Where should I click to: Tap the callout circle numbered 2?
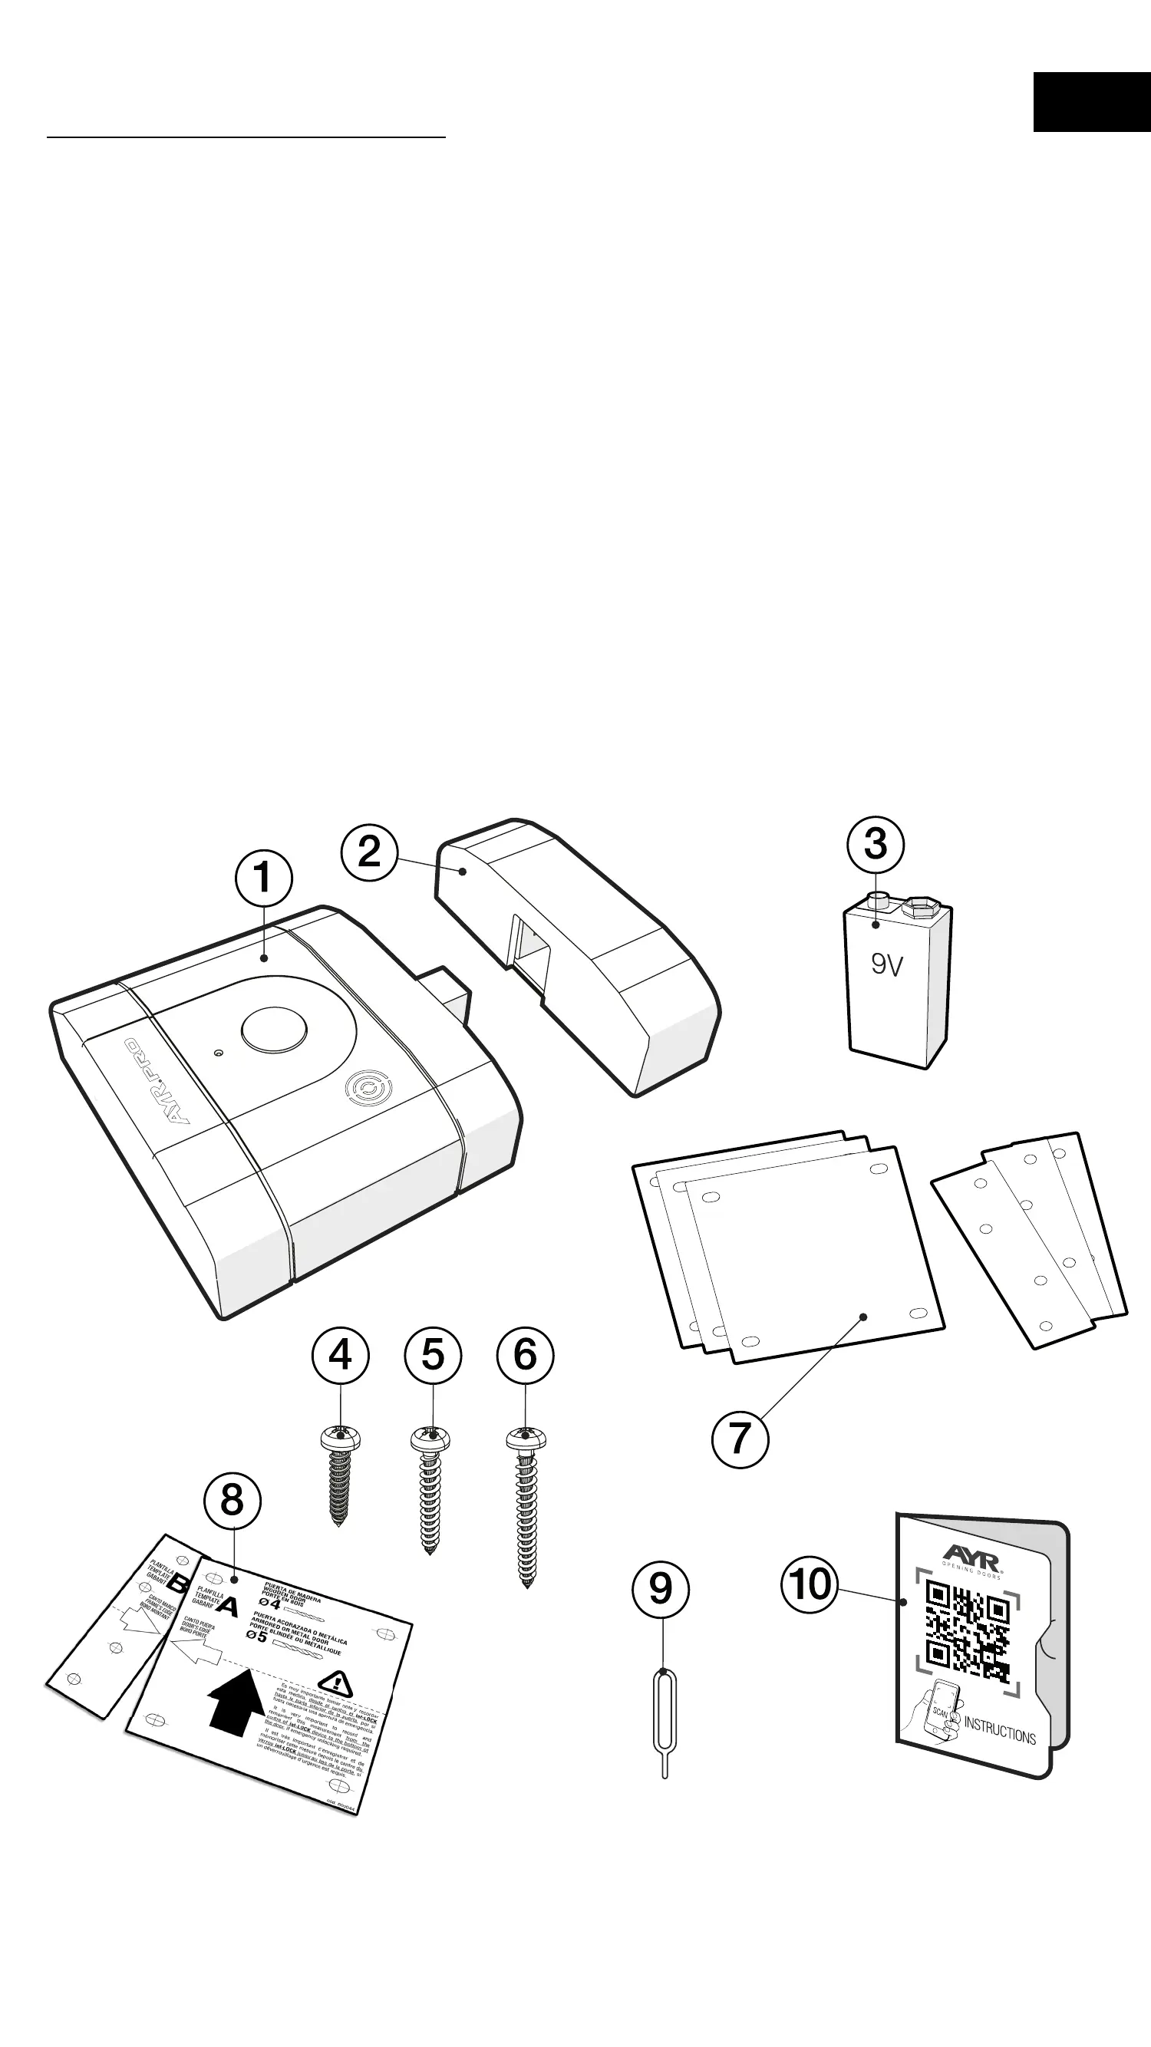(370, 852)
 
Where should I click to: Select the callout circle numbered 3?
(876, 844)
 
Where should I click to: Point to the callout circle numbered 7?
(740, 1439)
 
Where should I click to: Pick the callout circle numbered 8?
(232, 1500)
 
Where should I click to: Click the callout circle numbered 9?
(661, 1588)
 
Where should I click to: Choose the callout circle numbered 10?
(810, 1584)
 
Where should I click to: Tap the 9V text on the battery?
(887, 964)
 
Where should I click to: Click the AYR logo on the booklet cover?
(972, 1554)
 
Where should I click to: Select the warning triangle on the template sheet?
(335, 1683)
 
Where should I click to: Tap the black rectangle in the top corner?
(1091, 102)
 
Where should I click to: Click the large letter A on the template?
(227, 1607)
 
